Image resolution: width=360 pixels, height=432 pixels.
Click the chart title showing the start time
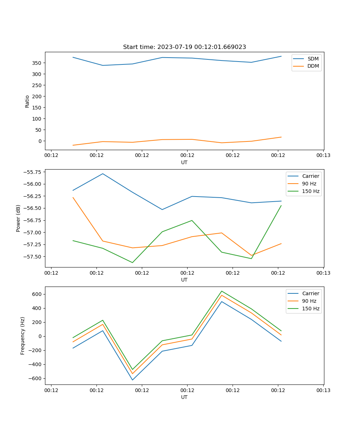(184, 47)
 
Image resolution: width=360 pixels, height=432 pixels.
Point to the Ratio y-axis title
(27, 101)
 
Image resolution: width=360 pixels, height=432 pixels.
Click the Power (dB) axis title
(18, 218)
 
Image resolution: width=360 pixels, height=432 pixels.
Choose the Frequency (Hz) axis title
(23, 336)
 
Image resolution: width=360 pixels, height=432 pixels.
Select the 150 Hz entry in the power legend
(311, 191)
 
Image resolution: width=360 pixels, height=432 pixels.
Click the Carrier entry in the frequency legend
(310, 293)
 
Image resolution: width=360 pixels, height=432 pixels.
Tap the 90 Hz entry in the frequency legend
(309, 301)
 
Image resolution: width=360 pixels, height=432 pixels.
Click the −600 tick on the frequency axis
(36, 378)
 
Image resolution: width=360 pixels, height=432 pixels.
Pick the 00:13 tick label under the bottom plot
(323, 390)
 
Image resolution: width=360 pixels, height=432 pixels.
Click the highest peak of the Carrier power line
(103, 174)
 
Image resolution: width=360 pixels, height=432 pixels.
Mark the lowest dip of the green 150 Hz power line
(132, 262)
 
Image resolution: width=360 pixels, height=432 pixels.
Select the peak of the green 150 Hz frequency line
(221, 291)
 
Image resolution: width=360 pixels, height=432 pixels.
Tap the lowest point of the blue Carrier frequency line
(132, 380)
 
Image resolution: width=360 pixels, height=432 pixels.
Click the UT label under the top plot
(184, 162)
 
